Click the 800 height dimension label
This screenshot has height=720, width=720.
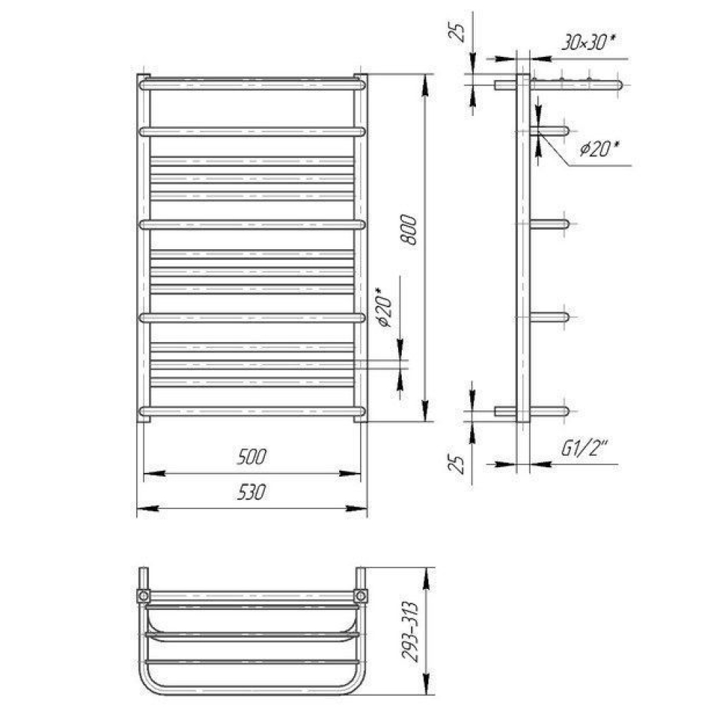tap(409, 230)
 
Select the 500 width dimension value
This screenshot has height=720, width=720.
tap(251, 457)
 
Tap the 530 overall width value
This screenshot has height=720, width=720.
tap(251, 492)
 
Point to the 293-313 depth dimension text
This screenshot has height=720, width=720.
tap(410, 632)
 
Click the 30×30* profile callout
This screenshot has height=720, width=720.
tap(588, 42)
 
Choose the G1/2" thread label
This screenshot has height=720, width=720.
tap(584, 448)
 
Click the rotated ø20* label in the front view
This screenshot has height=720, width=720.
tap(384, 307)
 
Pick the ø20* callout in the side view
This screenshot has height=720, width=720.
tap(599, 149)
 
